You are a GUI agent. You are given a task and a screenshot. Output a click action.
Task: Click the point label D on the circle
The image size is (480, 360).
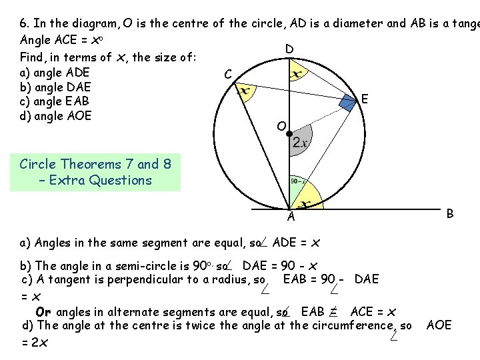[289, 49]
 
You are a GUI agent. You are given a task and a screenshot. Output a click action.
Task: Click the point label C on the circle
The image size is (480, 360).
[228, 73]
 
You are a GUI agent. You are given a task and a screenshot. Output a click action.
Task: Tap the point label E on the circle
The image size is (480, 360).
[364, 99]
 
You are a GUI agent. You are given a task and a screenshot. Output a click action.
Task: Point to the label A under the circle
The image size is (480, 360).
[291, 216]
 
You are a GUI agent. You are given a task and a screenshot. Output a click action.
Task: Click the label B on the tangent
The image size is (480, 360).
[451, 213]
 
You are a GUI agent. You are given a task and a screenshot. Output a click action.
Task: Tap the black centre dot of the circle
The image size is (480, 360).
[289, 135]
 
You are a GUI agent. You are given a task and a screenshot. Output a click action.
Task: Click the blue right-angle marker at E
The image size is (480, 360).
[348, 102]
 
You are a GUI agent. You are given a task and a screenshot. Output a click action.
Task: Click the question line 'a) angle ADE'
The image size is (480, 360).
[56, 73]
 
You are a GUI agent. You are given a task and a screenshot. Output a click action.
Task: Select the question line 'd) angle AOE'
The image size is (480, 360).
[57, 115]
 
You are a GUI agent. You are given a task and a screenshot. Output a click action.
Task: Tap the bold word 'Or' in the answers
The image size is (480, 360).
[43, 311]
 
